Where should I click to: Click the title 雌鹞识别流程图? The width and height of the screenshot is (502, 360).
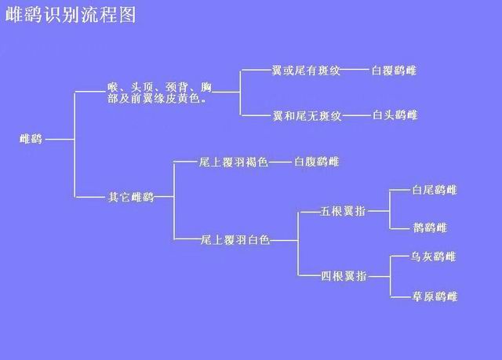71,16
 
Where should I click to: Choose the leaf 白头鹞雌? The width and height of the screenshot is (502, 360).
395,116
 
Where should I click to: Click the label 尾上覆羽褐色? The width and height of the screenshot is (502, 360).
234,162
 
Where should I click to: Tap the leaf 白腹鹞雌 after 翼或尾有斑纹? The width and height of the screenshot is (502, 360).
395,71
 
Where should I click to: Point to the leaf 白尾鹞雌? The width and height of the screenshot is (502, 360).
435,190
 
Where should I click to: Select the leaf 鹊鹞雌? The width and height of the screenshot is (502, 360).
429,228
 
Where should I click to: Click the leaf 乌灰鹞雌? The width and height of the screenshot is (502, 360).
435,256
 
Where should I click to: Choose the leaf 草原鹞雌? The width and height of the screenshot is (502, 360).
435,296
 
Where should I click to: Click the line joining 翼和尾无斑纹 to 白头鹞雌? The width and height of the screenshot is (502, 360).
356,116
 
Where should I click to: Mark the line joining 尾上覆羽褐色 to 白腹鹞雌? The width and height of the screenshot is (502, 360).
280,162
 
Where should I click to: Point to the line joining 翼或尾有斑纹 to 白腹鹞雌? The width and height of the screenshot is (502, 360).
356,71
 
